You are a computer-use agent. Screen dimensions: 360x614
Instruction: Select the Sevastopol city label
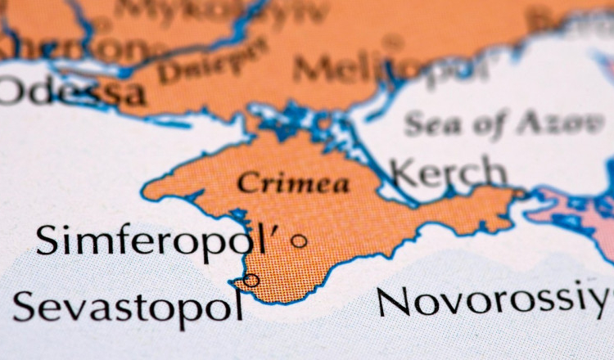tap(129, 307)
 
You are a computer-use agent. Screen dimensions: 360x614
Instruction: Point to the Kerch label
tap(448, 173)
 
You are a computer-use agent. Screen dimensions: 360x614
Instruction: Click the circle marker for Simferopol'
tap(300, 241)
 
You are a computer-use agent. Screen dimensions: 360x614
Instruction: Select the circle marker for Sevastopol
tap(251, 281)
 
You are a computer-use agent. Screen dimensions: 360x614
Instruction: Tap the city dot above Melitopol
tap(394, 40)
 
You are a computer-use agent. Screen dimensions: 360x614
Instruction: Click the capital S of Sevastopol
tap(25, 307)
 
